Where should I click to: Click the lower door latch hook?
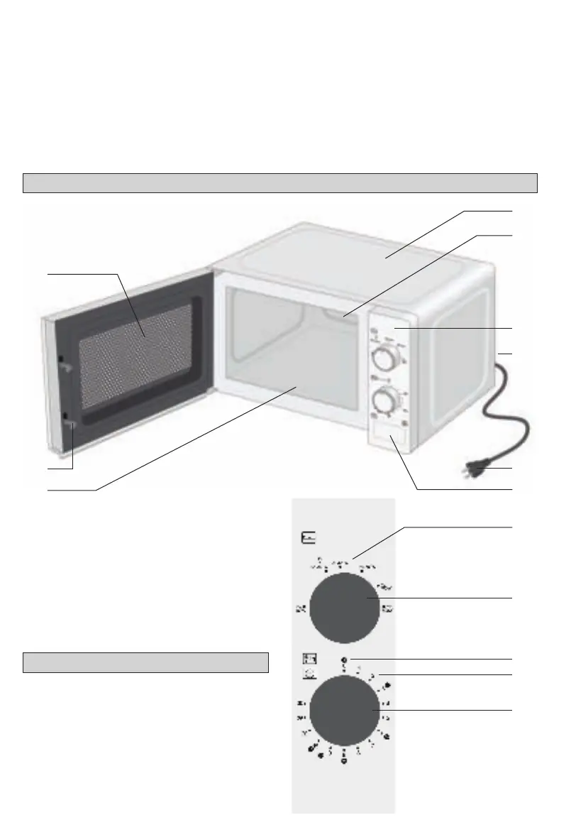click(70, 424)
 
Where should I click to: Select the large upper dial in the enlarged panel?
click(344, 608)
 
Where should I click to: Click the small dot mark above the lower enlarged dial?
click(343, 660)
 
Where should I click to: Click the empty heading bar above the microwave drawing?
click(279, 182)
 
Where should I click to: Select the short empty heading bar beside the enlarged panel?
click(145, 662)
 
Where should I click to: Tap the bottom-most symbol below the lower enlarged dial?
click(344, 761)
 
